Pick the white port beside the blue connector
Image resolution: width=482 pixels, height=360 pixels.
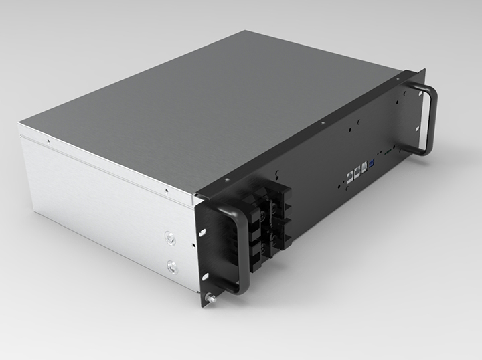364,167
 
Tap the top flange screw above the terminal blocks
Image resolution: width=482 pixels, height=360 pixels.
227,179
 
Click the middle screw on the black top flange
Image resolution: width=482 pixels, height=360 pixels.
323,124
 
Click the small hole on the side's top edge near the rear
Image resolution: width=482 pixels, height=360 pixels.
48,141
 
